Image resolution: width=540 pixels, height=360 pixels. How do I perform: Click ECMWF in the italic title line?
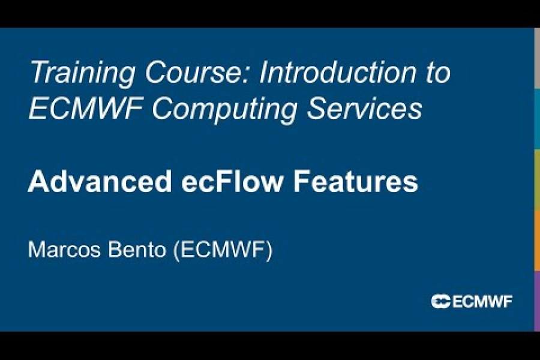(80, 109)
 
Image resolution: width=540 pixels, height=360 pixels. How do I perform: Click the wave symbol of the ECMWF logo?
(440, 302)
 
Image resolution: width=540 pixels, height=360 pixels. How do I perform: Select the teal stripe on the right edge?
(537, 119)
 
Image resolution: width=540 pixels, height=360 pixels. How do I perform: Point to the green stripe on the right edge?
(537, 179)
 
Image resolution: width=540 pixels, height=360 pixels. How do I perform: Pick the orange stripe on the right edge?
(537, 240)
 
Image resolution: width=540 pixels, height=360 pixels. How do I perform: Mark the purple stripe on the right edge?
(537, 301)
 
